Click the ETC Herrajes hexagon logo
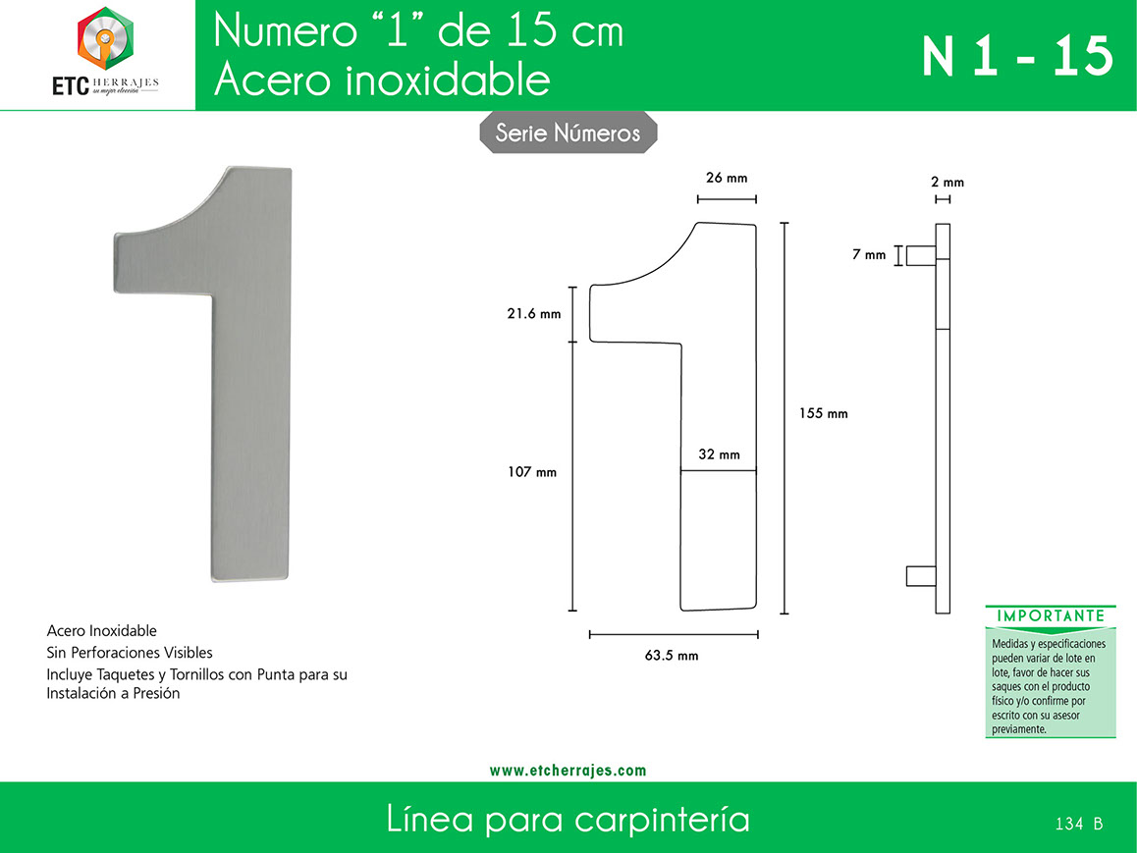(x=105, y=39)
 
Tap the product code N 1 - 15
(x=1017, y=57)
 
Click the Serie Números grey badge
(x=568, y=133)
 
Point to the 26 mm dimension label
(x=727, y=178)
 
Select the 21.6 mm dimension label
(x=534, y=314)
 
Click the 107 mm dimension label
(x=532, y=472)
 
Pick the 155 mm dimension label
(x=823, y=413)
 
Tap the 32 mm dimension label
(x=720, y=454)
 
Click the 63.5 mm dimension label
(x=672, y=655)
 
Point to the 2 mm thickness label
(x=947, y=182)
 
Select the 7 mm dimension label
(x=869, y=254)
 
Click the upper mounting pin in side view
(x=921, y=256)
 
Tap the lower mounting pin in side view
(x=921, y=575)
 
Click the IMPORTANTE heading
(x=1051, y=616)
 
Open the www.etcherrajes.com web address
(x=568, y=771)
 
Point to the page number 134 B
(x=1079, y=824)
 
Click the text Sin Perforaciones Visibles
(x=129, y=652)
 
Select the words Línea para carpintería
(x=568, y=819)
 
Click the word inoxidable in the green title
(x=448, y=79)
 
